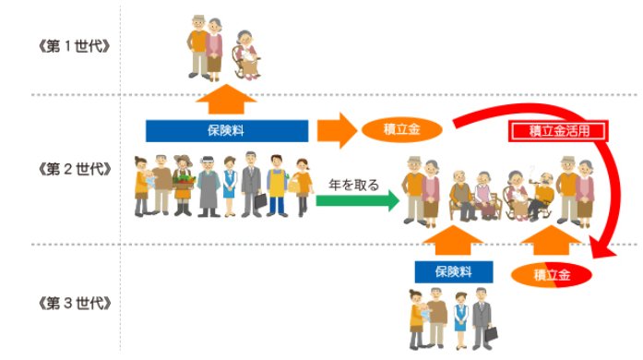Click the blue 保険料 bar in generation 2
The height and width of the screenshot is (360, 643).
226,130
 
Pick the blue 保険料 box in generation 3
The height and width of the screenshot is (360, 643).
453,272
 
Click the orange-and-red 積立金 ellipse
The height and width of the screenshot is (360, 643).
551,274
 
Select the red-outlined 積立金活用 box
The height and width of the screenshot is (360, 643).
558,130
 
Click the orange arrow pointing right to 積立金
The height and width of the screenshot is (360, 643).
337,130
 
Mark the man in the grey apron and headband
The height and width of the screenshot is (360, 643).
208,185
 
